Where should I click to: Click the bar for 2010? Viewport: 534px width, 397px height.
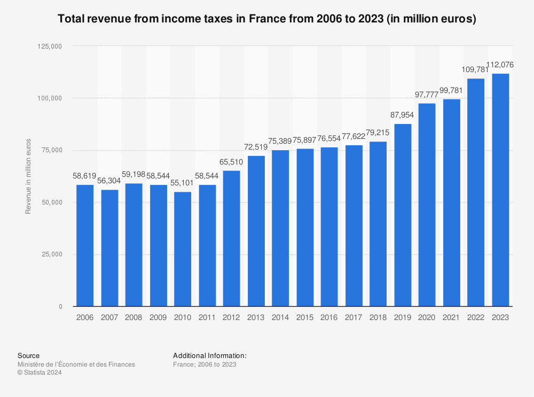pos(183,249)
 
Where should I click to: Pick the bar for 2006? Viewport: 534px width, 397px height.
pos(85,245)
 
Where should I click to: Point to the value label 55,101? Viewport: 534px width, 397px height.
pos(183,183)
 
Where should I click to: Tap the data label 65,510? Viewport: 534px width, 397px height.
pos(232,162)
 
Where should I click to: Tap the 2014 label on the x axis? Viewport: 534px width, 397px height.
pos(280,317)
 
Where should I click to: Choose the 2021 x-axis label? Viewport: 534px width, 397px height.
pos(451,317)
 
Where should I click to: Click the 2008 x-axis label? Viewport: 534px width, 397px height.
pos(133,317)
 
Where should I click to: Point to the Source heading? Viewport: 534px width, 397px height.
pos(28,355)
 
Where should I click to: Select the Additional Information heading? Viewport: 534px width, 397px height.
pos(209,355)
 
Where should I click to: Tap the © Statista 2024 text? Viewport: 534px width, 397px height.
pos(40,373)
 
